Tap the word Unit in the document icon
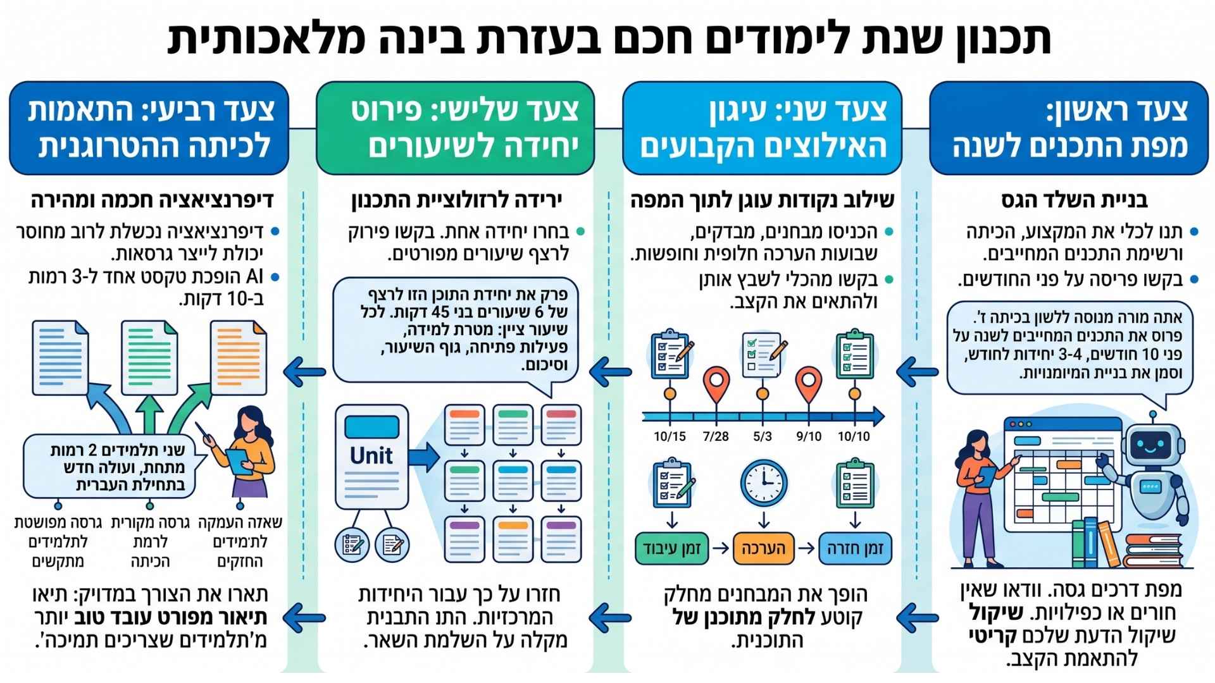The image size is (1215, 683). [x=371, y=455]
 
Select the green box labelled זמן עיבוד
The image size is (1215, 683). [x=672, y=548]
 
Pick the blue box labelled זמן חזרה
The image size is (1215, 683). [x=855, y=548]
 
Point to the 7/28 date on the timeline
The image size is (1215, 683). [x=716, y=436]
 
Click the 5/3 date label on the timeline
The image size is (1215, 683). [x=763, y=436]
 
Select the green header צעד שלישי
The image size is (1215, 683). [x=456, y=128]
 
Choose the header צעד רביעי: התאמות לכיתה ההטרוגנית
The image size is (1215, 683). [x=149, y=128]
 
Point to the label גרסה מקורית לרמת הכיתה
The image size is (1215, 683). [x=150, y=542]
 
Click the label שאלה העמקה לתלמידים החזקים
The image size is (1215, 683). [x=241, y=542]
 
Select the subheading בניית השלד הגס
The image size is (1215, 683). [x=1075, y=200]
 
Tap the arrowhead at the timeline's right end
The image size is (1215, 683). [x=878, y=416]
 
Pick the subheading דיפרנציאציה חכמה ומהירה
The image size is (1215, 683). [x=153, y=200]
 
